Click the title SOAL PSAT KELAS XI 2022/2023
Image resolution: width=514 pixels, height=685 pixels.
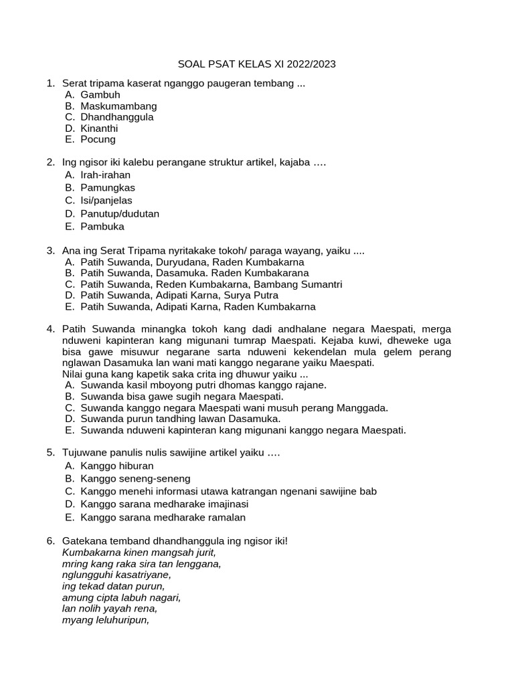[256, 64]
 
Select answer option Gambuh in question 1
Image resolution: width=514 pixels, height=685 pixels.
[100, 95]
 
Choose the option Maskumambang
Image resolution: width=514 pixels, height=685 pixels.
[118, 106]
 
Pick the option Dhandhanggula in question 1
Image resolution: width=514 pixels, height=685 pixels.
[116, 117]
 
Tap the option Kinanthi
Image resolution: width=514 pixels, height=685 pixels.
[99, 128]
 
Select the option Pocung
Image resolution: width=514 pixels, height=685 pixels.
[98, 139]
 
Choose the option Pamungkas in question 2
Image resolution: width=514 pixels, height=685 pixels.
[108, 187]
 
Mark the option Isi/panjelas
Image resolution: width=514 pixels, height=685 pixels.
[106, 200]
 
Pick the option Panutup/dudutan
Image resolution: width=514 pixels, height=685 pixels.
[120, 213]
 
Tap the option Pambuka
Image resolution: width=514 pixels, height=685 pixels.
[102, 227]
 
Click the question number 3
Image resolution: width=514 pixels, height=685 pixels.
[50, 251]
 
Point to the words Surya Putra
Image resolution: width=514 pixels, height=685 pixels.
[252, 295]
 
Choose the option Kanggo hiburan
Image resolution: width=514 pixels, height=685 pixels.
[116, 466]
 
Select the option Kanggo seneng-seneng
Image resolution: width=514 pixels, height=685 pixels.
[135, 478]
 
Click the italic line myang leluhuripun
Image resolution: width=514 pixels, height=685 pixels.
[105, 619]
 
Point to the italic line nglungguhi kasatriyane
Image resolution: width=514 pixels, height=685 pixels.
[116, 575]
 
